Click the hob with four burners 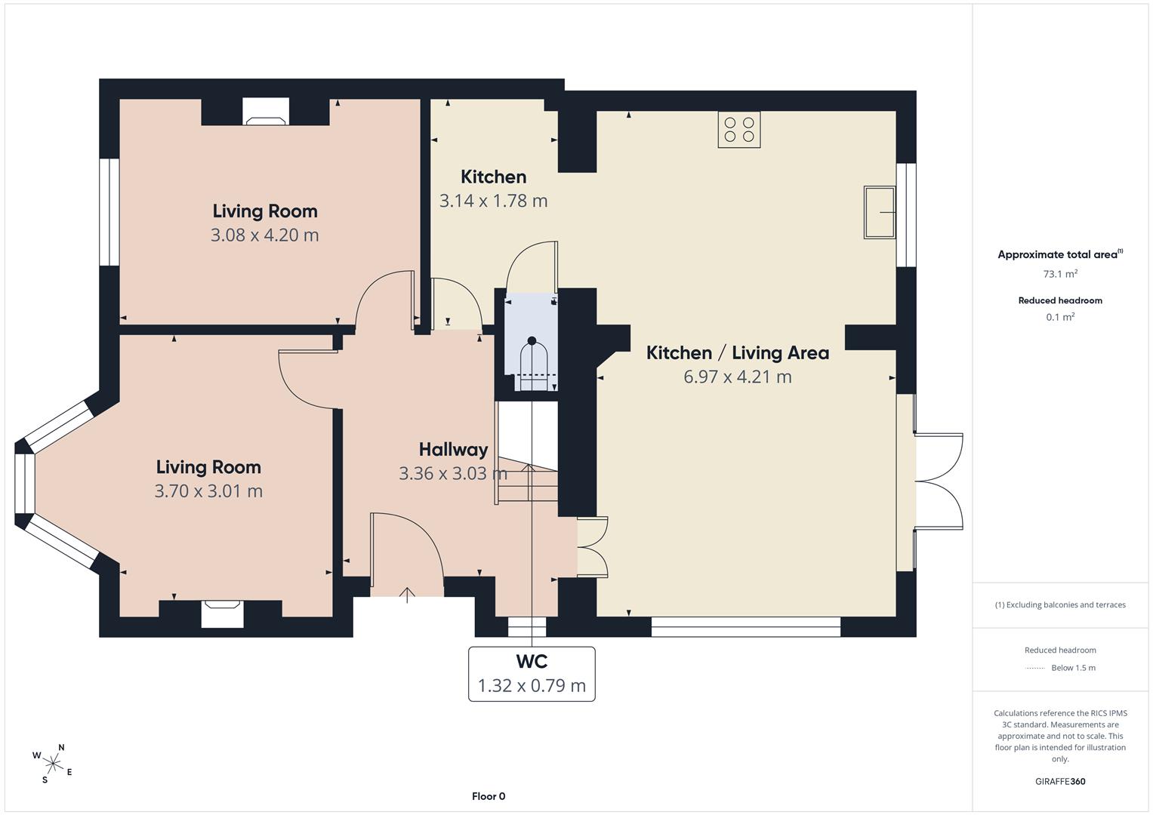point(739,130)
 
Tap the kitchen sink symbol point(880,212)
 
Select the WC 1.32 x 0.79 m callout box point(532,674)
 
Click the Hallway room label point(454,450)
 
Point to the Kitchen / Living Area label point(738,353)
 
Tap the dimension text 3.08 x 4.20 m point(264,235)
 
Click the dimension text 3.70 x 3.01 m point(208,491)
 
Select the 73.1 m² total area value point(1060,274)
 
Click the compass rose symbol point(53,764)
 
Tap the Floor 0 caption point(489,796)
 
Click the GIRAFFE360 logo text point(1060,782)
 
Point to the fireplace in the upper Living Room point(266,112)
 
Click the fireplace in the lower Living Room point(222,614)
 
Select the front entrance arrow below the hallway point(407,595)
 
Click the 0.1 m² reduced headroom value point(1060,317)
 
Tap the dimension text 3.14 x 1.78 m point(493,201)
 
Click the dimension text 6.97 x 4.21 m point(737,377)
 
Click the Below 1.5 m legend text point(1073,668)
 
